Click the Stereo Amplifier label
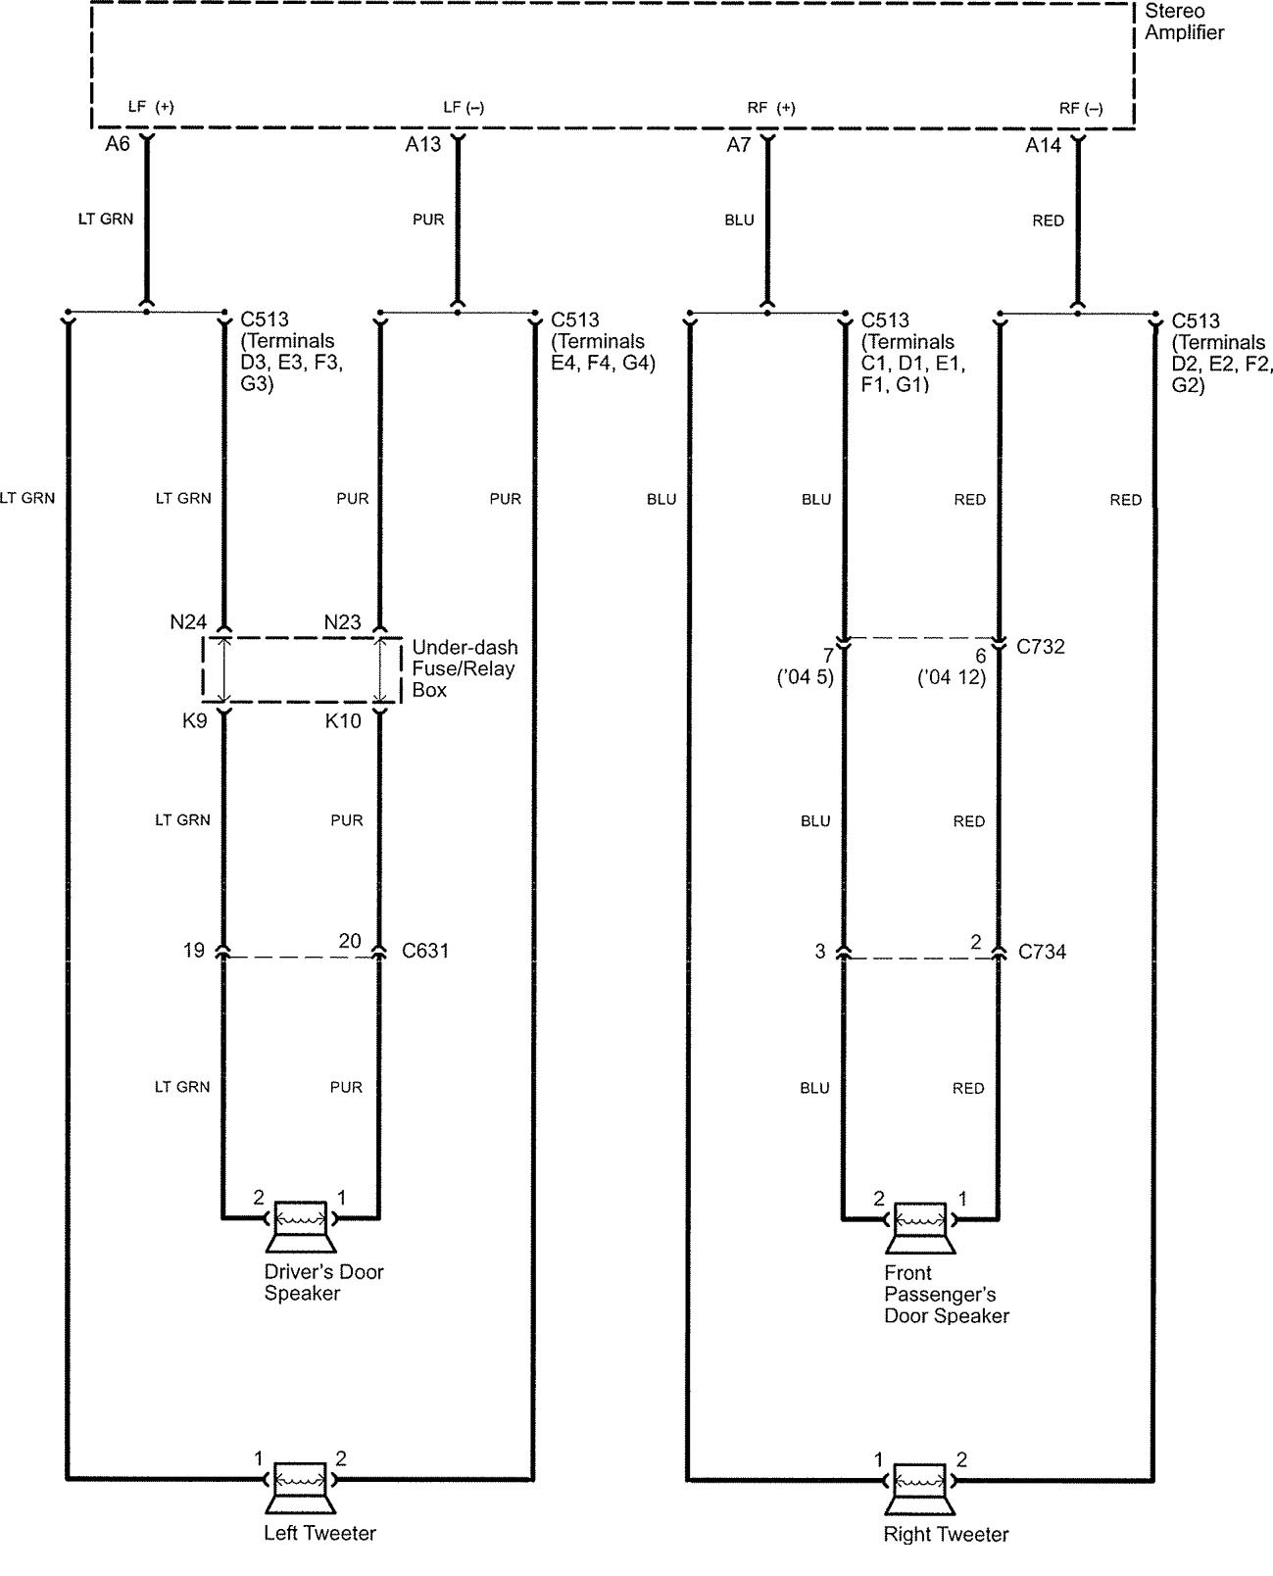[1184, 22]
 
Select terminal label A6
[118, 145]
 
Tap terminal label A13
[423, 145]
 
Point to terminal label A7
[738, 145]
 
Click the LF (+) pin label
[151, 107]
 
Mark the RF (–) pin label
[1081, 108]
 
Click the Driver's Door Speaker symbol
[300, 1225]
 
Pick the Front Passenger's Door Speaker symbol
[920, 1226]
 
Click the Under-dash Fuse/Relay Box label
[464, 668]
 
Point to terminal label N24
[188, 622]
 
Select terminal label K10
[343, 721]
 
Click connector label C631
[425, 951]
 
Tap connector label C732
[1041, 647]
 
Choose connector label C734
[1042, 952]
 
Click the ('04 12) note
[952, 677]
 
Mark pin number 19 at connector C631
[193, 950]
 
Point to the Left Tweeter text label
[319, 1533]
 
